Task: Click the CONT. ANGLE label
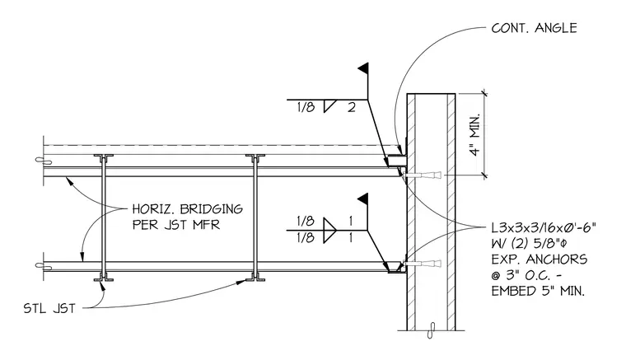[x=534, y=28]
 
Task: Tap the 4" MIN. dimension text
[x=474, y=135]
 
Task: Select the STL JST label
[x=49, y=309]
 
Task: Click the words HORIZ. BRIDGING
[x=187, y=208]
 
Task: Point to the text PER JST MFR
[x=176, y=224]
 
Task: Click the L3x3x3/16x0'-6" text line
[x=544, y=228]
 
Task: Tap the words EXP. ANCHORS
[x=539, y=259]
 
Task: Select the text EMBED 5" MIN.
[x=538, y=291]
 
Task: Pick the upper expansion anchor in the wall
[x=423, y=175]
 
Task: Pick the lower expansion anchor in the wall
[x=423, y=264]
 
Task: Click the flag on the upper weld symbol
[x=363, y=68]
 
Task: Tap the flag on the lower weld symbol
[x=362, y=199]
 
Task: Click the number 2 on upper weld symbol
[x=352, y=107]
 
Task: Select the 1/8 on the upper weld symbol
[x=306, y=107]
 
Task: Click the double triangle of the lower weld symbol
[x=329, y=231]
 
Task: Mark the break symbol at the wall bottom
[x=430, y=330]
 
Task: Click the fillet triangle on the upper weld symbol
[x=329, y=106]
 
